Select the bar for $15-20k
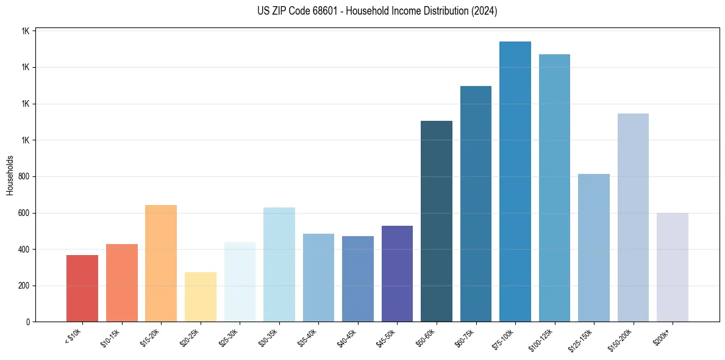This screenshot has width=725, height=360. pos(161,263)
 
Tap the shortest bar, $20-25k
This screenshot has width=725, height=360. pos(200,297)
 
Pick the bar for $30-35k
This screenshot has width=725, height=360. pos(279,264)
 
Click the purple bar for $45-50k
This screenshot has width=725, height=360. pos(397,273)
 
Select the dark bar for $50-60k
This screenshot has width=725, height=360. pos(437,221)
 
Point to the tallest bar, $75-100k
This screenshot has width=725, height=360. pos(515,181)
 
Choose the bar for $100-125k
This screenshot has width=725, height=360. pos(554,188)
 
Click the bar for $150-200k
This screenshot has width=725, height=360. pos(633,217)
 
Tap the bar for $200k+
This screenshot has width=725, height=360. pos(673,267)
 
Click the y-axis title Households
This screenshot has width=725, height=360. pos(10,175)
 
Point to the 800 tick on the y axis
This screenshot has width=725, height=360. pos(25,176)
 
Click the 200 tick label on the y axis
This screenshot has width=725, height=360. pos(25,286)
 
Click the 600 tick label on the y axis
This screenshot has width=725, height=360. pos(25,213)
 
